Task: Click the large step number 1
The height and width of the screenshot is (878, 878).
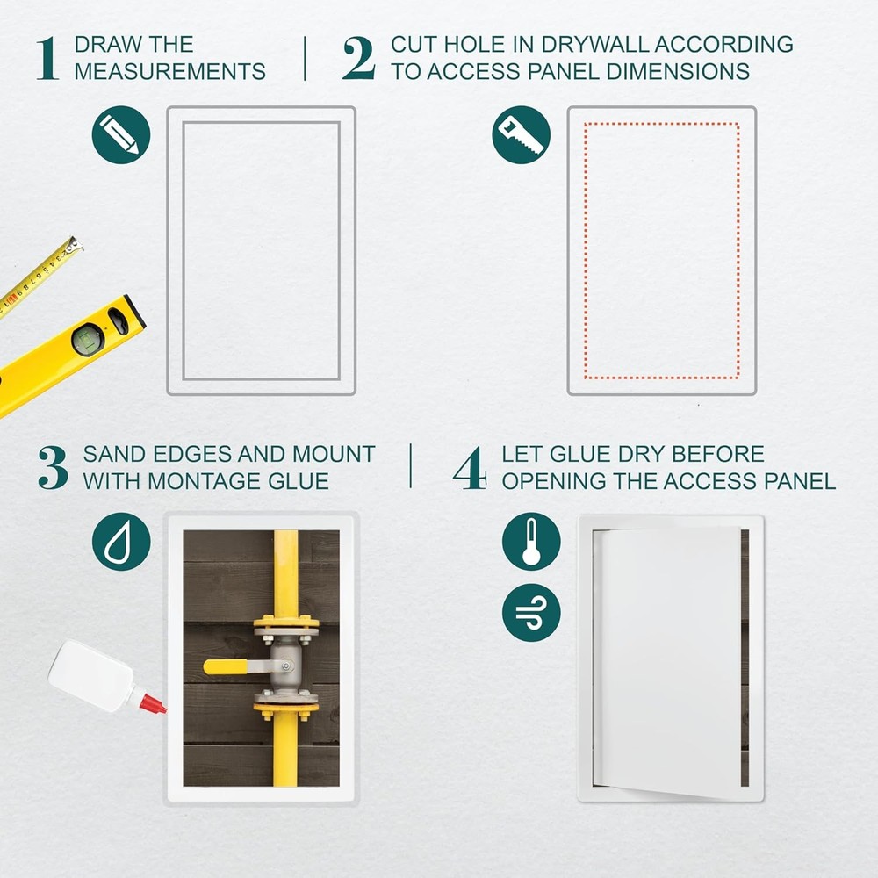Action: [x=47, y=58]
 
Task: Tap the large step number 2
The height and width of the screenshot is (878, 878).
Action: [x=358, y=58]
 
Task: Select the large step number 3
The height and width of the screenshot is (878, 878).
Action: [x=53, y=468]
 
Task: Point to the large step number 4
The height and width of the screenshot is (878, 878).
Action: [x=470, y=468]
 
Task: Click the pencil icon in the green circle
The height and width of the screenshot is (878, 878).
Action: [x=120, y=134]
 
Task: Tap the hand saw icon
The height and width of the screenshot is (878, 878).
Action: [x=521, y=134]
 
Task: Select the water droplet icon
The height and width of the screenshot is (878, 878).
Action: [x=120, y=542]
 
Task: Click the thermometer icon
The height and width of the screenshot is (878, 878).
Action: [x=530, y=542]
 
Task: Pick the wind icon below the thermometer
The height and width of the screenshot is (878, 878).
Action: [x=530, y=612]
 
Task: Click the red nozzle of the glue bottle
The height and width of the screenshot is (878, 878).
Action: [x=150, y=702]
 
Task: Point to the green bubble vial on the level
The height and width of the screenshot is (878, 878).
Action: [x=87, y=339]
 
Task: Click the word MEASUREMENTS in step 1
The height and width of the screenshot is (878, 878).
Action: [x=169, y=72]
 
